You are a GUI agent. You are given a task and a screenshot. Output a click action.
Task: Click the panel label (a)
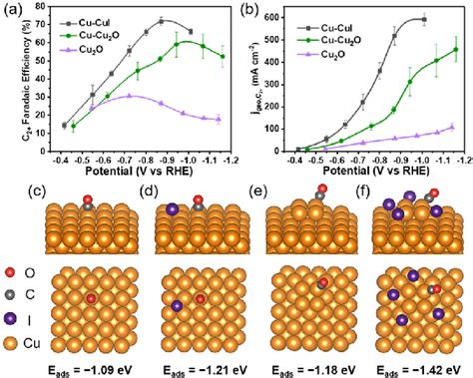pos(11,9)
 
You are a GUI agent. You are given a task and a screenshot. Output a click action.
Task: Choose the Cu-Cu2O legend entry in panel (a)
pos(97,32)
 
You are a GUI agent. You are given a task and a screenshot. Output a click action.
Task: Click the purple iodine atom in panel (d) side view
pos(170,210)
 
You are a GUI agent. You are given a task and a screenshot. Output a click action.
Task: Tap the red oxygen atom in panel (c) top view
pos(91,297)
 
